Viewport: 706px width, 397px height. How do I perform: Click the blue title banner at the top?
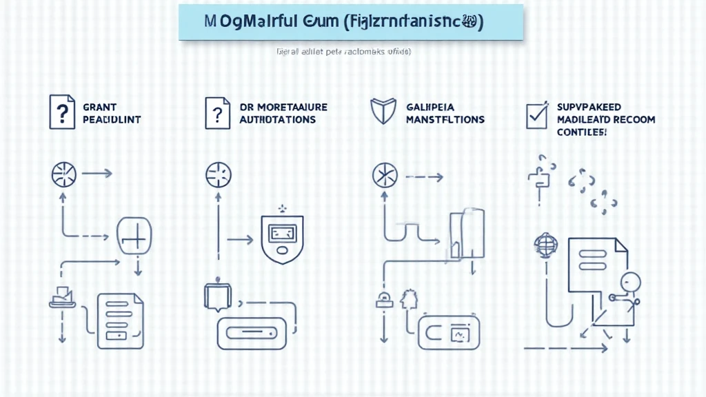click(x=351, y=22)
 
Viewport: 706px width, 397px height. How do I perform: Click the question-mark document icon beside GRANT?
click(x=61, y=112)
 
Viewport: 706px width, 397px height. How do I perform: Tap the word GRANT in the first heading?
click(x=99, y=108)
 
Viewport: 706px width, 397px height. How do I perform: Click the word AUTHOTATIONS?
click(x=277, y=119)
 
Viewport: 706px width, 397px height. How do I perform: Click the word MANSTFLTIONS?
click(x=445, y=119)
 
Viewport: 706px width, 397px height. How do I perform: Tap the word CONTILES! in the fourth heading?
click(x=582, y=131)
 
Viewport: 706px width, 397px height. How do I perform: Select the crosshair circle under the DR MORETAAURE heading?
click(x=217, y=174)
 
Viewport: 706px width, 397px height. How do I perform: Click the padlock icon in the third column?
click(x=383, y=299)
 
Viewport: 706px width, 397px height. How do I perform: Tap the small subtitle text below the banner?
click(x=343, y=52)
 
